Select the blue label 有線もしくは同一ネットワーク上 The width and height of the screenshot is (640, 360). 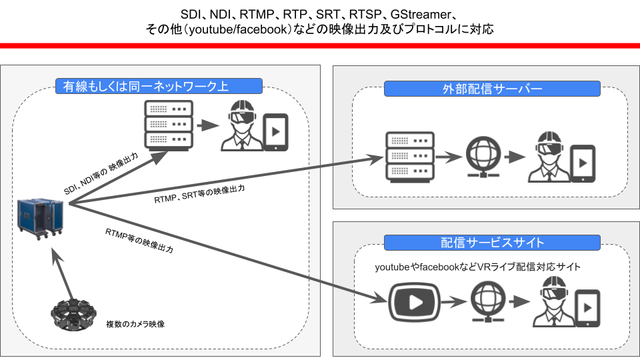coord(158,86)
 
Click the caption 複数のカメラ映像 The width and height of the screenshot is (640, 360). coord(135,325)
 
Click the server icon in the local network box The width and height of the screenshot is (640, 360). coord(168,124)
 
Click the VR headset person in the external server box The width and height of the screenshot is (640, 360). coord(549,159)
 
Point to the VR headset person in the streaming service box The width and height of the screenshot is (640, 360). coord(553,303)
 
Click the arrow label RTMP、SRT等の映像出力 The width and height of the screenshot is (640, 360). coord(199,194)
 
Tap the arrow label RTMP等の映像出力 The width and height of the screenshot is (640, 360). coord(139,239)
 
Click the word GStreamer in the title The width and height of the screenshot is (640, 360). coord(425,14)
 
